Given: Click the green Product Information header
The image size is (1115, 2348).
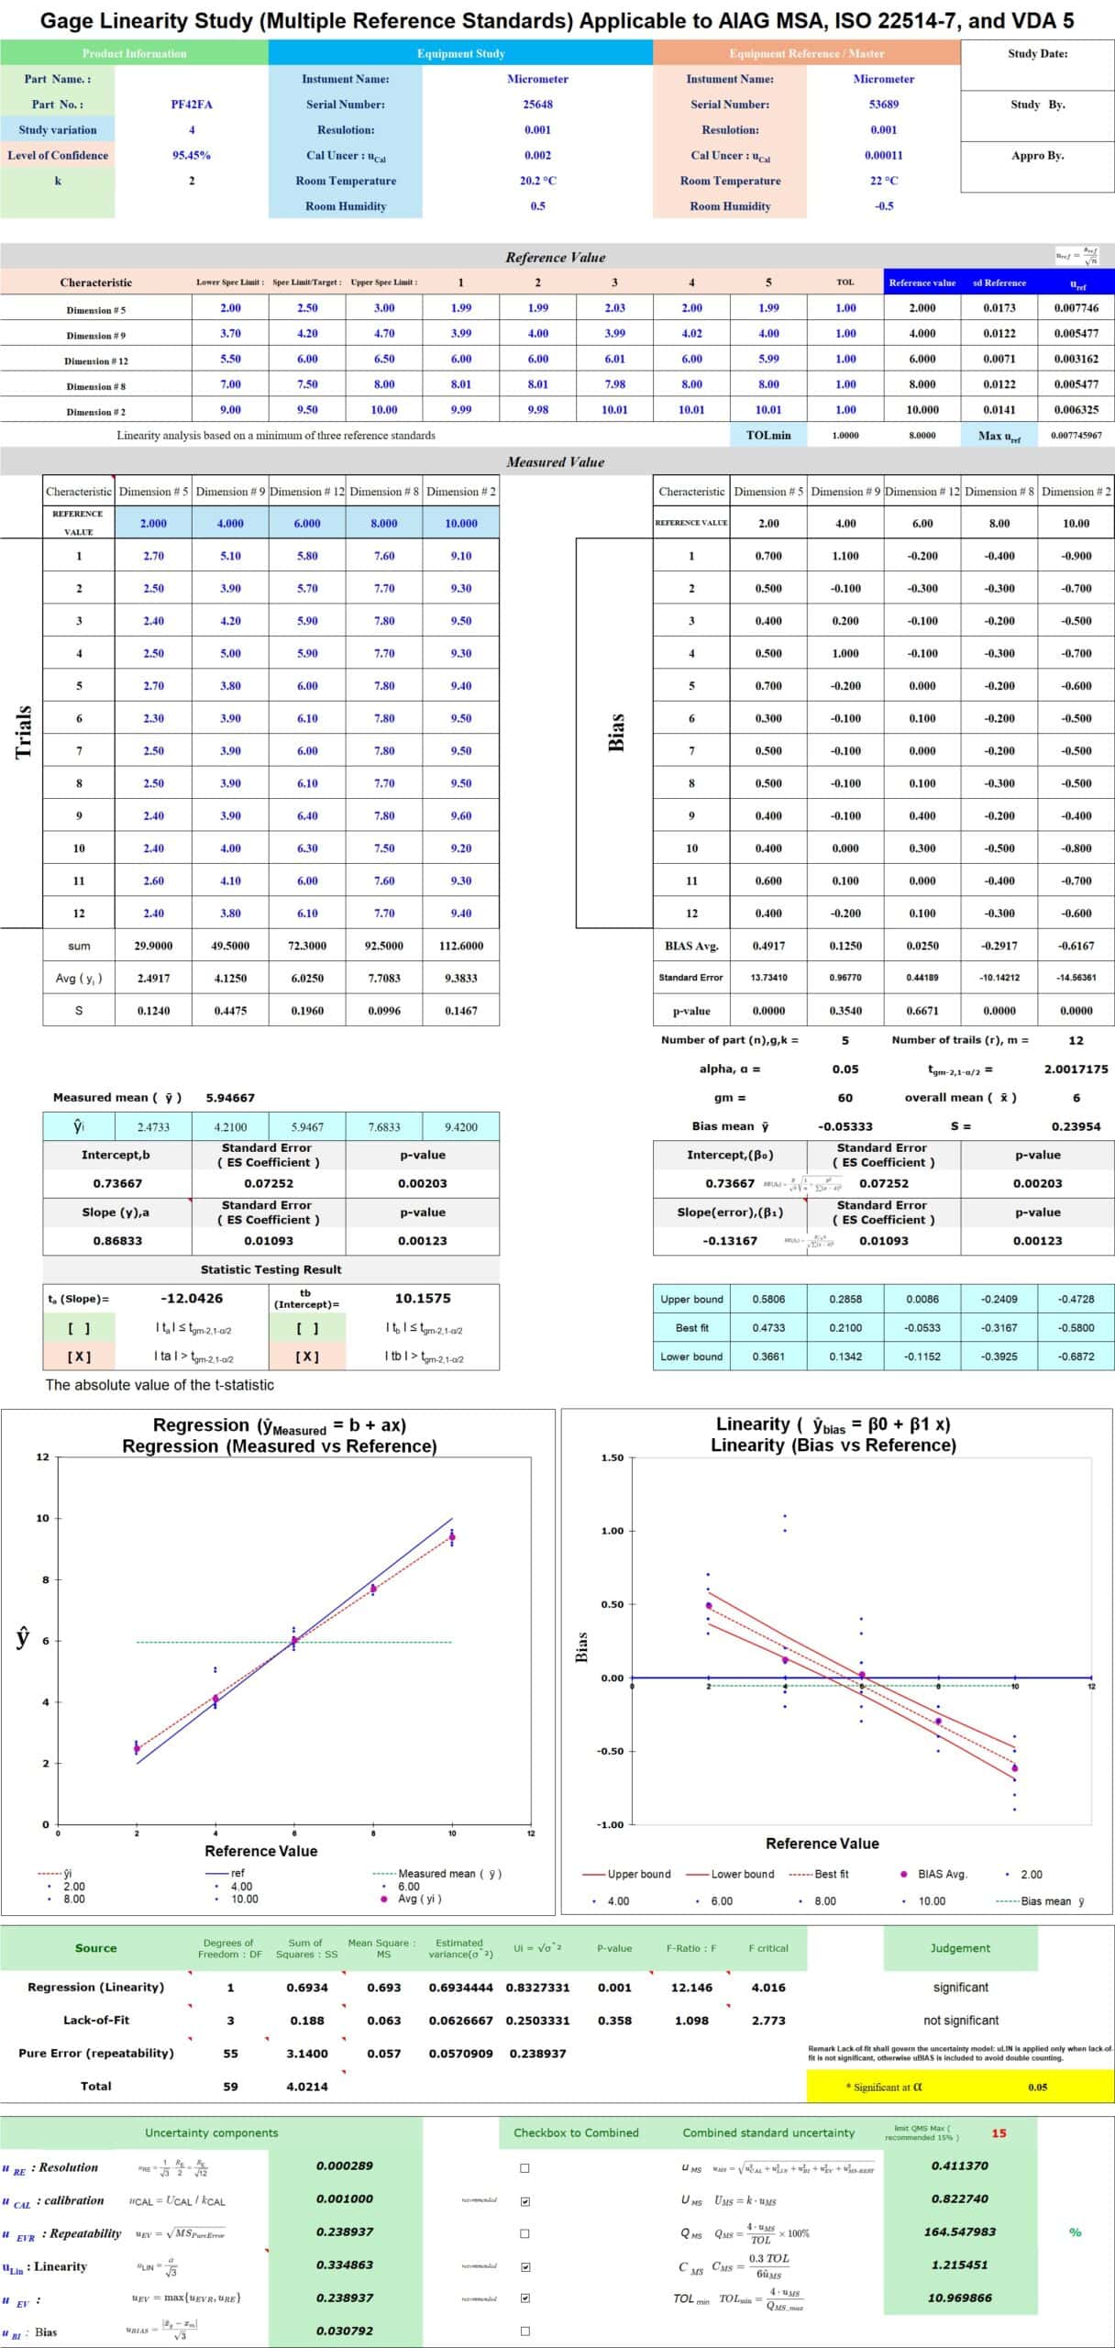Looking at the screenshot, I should tap(134, 53).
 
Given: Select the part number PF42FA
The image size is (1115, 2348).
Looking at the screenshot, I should tap(191, 105).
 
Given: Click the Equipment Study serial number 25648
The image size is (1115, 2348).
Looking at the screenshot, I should tap(537, 105).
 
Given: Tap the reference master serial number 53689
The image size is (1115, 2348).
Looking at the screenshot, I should tap(883, 105).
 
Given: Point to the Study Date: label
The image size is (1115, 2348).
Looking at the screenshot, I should tap(1037, 53).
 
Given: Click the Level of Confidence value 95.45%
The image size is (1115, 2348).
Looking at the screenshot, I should tap(191, 155).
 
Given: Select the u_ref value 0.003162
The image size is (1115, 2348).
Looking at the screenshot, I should tap(1076, 360).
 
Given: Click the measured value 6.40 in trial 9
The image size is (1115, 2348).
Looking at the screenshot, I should tap(307, 815).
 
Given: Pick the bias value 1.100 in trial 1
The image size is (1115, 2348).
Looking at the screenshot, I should tap(845, 556).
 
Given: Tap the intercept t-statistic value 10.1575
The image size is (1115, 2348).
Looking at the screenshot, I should tap(422, 1298).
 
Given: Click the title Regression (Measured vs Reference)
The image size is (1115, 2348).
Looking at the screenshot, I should tap(279, 1446).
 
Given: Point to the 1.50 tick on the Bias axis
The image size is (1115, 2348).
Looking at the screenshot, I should tap(612, 1457).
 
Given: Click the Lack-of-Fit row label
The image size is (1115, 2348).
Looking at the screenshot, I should tap(95, 2021).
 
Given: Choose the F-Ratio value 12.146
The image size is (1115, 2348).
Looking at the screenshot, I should tap(691, 1988).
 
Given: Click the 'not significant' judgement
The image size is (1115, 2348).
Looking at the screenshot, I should tap(960, 2021).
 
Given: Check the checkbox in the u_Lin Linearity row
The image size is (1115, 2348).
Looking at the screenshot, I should tap(524, 2266).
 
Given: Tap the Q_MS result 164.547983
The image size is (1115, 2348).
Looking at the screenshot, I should tap(959, 2232).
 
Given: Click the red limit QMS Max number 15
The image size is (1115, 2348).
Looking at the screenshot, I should tap(999, 2133).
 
